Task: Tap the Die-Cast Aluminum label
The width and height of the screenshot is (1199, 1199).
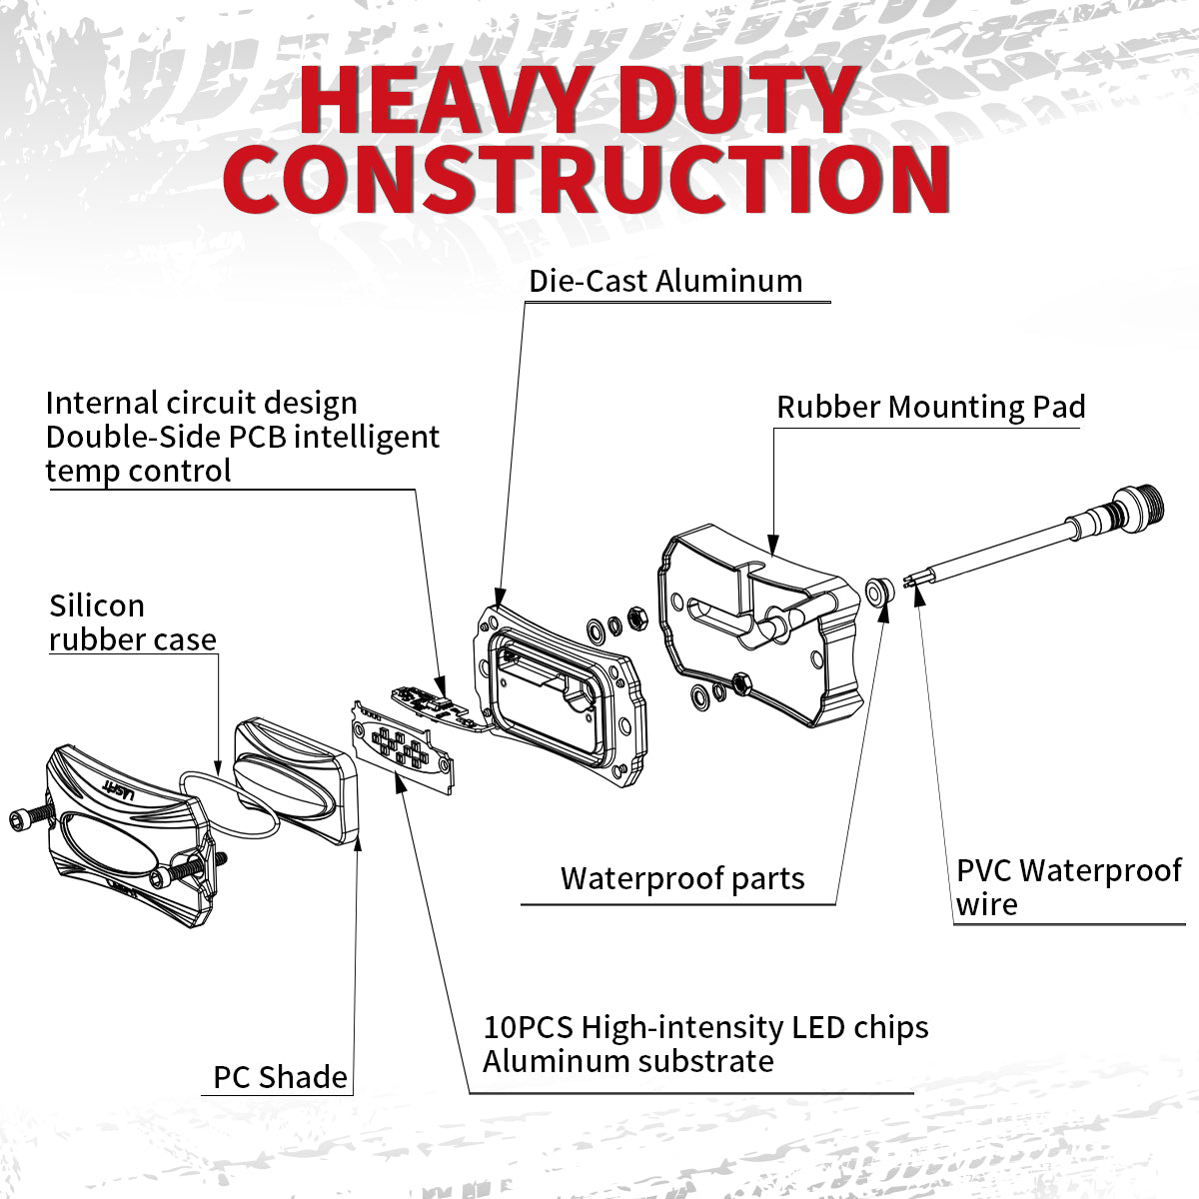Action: [665, 281]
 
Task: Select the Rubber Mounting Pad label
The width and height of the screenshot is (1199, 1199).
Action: [930, 407]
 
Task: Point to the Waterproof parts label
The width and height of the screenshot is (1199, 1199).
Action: [682, 878]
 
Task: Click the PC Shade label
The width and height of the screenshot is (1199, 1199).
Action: [280, 1077]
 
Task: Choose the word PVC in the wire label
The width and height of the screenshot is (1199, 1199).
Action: [985, 870]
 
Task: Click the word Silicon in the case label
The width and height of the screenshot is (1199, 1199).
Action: [97, 605]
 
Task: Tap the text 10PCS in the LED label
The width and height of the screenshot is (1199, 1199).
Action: [529, 1027]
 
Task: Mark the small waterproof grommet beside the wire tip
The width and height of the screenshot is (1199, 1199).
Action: [877, 591]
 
